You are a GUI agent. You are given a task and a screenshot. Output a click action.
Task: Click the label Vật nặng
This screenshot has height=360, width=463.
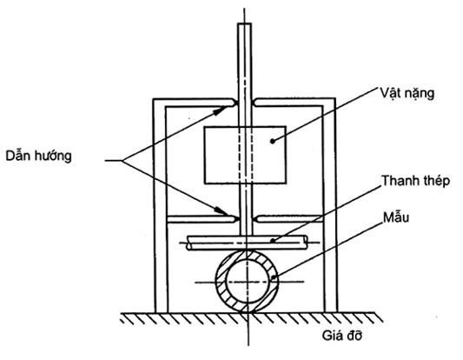[x=407, y=94]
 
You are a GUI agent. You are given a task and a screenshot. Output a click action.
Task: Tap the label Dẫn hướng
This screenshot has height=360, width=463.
[x=39, y=156]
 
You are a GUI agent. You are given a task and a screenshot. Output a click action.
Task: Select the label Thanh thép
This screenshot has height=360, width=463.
[x=416, y=181]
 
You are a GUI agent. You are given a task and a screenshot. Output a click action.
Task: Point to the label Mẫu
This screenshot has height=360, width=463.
[x=396, y=217]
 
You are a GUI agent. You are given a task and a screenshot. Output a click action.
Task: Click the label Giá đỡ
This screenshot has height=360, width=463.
[x=341, y=336]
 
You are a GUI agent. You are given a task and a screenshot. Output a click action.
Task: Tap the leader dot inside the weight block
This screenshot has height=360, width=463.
[x=273, y=141]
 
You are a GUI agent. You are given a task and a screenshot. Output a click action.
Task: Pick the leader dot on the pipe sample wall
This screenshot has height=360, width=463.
[x=274, y=277]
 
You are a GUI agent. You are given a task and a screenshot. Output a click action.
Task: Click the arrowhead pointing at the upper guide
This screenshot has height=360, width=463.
[x=220, y=110]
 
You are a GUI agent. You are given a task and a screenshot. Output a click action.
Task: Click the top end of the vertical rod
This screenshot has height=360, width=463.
[x=244, y=23]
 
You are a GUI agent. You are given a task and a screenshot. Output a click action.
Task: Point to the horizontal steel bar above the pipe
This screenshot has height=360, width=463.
[x=247, y=243]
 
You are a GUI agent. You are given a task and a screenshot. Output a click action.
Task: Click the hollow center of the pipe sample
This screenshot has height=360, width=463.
[x=248, y=282]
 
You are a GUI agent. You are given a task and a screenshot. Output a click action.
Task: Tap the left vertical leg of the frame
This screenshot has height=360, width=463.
[x=160, y=205]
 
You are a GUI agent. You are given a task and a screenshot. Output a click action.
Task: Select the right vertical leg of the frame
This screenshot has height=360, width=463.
[x=330, y=205]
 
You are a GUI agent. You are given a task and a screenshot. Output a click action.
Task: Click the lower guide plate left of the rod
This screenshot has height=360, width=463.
[x=203, y=219]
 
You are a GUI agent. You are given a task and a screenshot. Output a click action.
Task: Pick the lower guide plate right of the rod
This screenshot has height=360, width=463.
[x=289, y=219]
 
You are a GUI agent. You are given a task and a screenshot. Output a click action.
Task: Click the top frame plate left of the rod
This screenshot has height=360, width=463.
[x=195, y=103]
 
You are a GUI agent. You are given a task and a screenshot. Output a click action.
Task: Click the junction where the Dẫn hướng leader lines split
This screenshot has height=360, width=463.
[x=122, y=161]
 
